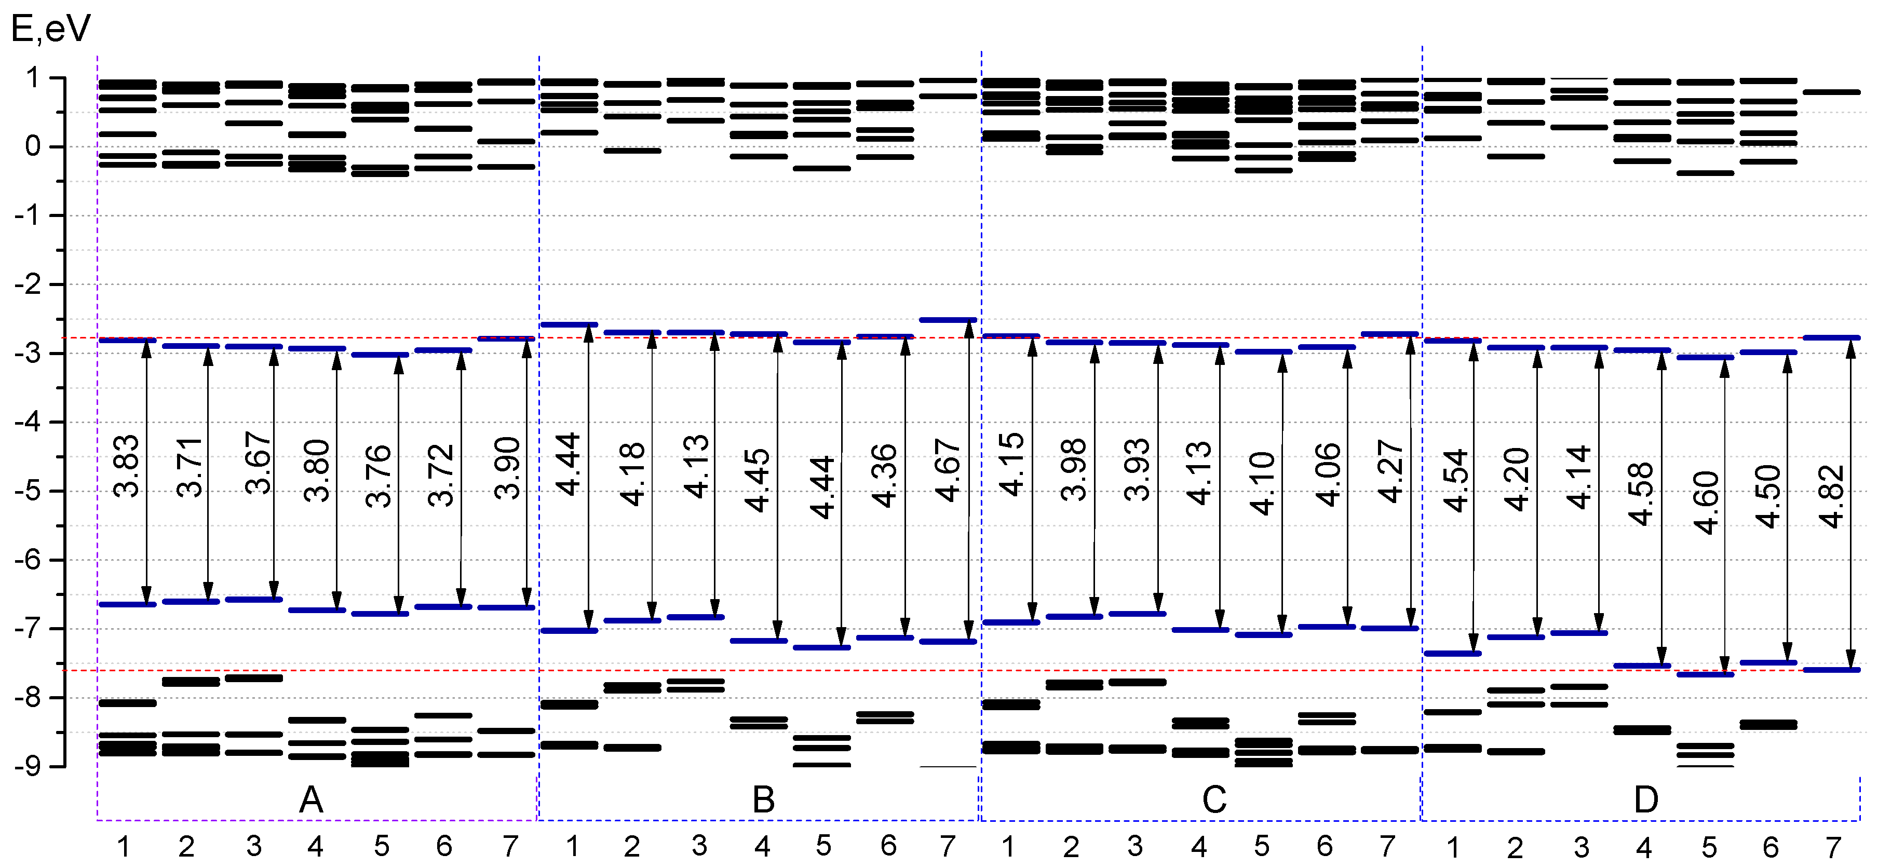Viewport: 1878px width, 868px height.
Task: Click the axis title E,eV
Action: tap(51, 29)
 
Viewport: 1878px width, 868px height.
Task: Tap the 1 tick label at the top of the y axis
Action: tap(32, 78)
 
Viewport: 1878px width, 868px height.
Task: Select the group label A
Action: tap(312, 800)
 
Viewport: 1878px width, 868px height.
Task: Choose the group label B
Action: tap(763, 800)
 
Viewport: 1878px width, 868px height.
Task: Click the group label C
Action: tap(1214, 800)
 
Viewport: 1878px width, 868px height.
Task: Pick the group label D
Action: tap(1646, 800)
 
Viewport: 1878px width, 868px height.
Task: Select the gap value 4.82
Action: tap(1832, 496)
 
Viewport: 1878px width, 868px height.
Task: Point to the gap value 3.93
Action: tap(1137, 469)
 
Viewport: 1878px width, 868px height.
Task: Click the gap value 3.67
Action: tap(258, 462)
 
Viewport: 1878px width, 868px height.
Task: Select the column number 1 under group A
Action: tap(123, 847)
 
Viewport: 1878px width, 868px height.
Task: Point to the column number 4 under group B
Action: tap(762, 847)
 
